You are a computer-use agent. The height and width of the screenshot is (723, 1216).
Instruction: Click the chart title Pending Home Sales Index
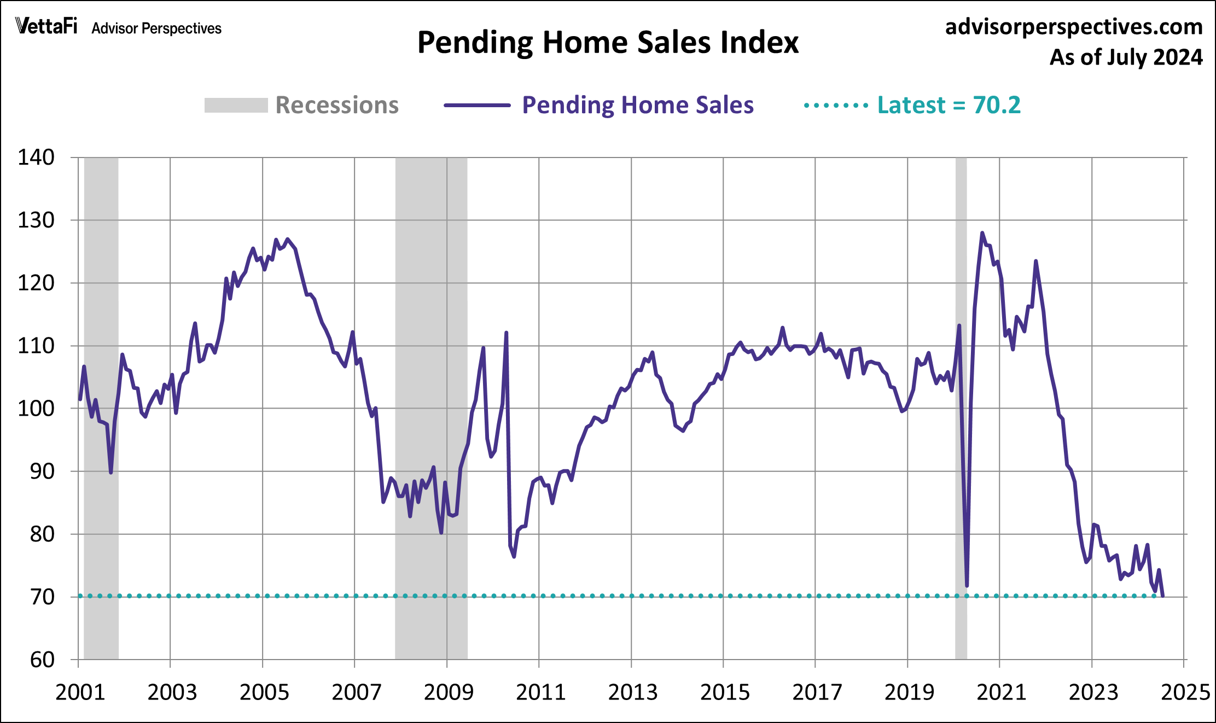click(608, 43)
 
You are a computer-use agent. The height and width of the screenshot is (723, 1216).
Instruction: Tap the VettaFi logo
click(46, 26)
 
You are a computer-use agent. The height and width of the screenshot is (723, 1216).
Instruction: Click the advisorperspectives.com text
click(1073, 26)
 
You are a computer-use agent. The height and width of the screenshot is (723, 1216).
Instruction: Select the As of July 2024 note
click(1126, 57)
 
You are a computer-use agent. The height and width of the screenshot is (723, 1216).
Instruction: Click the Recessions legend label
click(337, 105)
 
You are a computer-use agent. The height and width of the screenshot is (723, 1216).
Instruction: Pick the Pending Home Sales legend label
click(638, 105)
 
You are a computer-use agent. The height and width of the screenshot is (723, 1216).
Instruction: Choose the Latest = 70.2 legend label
click(949, 105)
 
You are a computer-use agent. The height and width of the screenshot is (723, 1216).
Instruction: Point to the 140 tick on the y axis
click(36, 158)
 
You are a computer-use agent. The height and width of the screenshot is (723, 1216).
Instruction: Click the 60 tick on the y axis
click(42, 660)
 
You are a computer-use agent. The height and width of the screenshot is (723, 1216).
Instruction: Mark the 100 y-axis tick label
click(36, 409)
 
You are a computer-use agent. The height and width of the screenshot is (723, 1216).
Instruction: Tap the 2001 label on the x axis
click(80, 692)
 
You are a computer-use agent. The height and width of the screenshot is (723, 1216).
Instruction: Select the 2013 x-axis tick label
click(632, 692)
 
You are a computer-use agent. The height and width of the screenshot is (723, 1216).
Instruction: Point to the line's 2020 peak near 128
click(982, 233)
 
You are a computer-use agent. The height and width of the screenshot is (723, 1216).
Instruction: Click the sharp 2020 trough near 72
click(967, 586)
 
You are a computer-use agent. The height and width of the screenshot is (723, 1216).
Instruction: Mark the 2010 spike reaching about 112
click(507, 333)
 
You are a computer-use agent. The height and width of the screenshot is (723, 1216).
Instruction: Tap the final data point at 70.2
click(1162, 596)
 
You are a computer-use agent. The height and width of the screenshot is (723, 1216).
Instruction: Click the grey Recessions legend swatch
click(236, 105)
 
